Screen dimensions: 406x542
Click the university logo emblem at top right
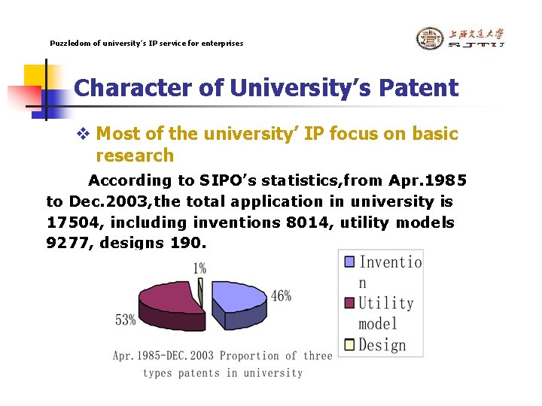430,38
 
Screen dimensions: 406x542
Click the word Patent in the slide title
418,88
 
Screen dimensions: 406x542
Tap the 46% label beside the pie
280,295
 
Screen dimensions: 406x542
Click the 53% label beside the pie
125,320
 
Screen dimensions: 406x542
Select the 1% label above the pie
199,268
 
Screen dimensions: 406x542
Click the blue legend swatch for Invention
349,262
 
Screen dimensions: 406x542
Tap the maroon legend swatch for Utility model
349,304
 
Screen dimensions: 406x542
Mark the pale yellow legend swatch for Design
349,345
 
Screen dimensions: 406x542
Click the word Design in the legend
382,345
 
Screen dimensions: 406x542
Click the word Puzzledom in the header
69,44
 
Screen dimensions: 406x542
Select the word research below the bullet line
135,156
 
